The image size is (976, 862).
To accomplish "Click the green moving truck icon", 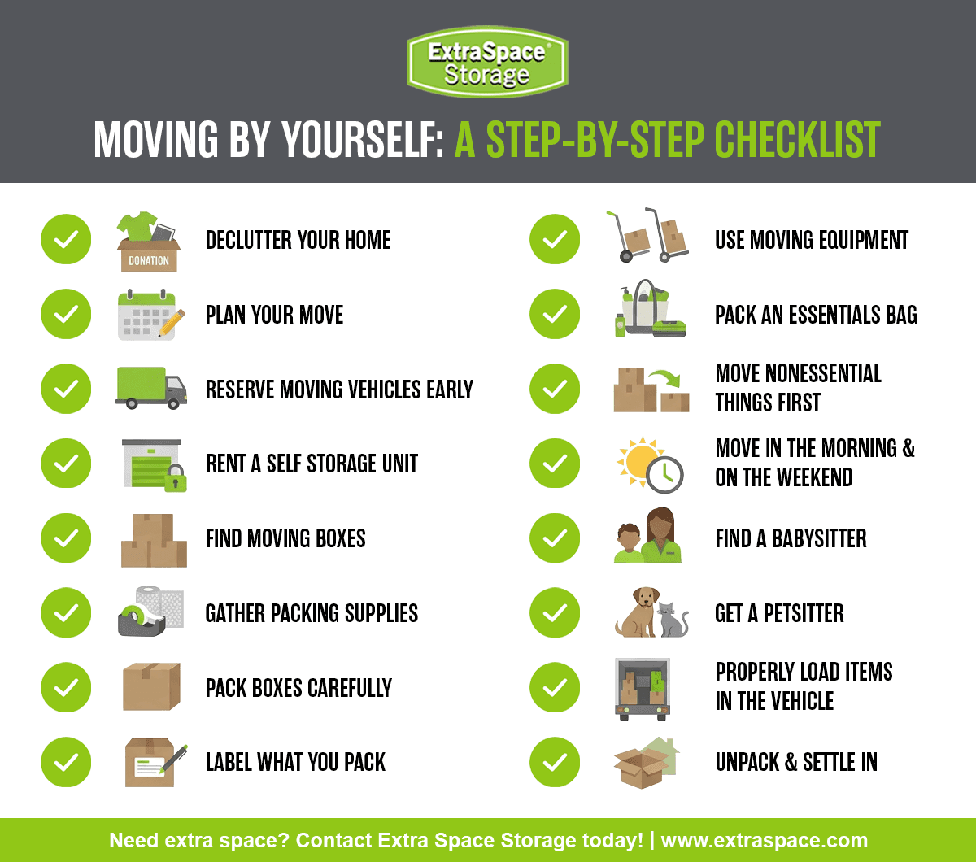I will coord(151,388).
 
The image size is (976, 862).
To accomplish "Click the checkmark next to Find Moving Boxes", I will coord(66,538).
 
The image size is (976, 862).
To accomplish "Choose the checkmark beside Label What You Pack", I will coord(66,762).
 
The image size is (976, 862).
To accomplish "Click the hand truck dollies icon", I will coord(647,236).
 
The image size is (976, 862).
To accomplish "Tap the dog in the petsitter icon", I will coord(636,612).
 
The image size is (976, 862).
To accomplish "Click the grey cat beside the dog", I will coord(673,620).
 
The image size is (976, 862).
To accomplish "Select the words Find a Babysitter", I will coord(791,538).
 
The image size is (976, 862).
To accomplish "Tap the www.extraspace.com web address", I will coord(764,840).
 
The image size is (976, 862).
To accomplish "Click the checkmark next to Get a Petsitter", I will coord(555,613).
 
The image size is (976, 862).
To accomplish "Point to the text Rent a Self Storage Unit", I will coord(312,464).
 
